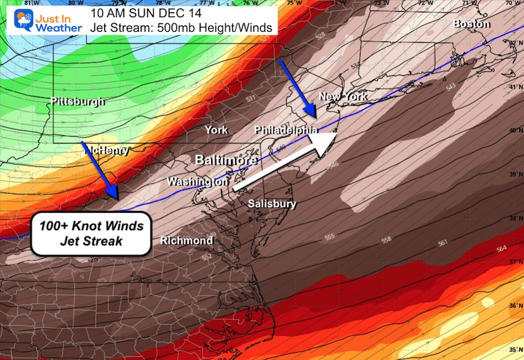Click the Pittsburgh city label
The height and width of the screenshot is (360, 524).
[x=77, y=102]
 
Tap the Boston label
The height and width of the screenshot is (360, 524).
[x=472, y=24]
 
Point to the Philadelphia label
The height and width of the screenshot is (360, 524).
[x=285, y=130]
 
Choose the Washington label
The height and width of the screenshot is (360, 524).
[x=198, y=182]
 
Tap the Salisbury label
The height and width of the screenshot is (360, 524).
[x=272, y=203]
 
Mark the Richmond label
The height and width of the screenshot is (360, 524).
[x=186, y=241]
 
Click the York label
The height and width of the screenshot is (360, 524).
[x=216, y=130]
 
